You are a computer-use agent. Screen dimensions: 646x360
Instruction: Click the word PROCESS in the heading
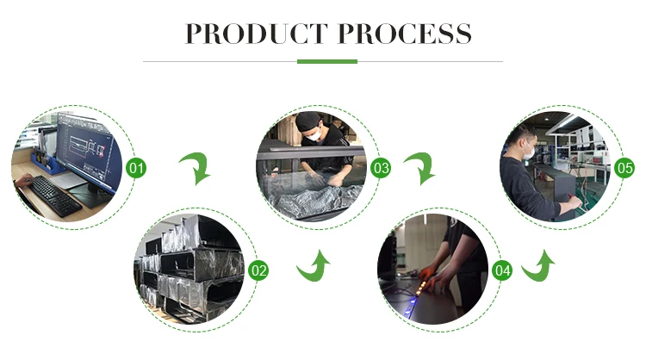pyautogui.click(x=403, y=34)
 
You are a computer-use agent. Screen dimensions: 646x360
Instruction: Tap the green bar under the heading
pyautogui.click(x=326, y=61)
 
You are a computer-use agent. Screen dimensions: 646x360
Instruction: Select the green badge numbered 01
pyautogui.click(x=136, y=167)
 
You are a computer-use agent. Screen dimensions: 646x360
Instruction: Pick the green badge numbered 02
pyautogui.click(x=258, y=270)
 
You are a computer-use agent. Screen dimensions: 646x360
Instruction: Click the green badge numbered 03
pyautogui.click(x=381, y=167)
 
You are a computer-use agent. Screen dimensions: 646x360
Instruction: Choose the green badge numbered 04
pyautogui.click(x=503, y=270)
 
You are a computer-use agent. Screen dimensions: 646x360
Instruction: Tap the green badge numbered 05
pyautogui.click(x=625, y=167)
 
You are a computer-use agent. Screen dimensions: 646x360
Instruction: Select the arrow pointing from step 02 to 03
pyautogui.click(x=314, y=266)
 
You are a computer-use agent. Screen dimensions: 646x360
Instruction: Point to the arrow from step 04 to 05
pyautogui.click(x=538, y=266)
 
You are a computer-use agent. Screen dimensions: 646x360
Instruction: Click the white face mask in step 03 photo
pyautogui.click(x=314, y=133)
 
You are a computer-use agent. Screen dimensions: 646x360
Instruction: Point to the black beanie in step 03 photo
pyautogui.click(x=308, y=119)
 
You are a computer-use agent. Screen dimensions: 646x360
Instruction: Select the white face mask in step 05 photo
pyautogui.click(x=528, y=152)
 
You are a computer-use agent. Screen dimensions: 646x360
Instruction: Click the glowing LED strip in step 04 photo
pyautogui.click(x=426, y=281)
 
